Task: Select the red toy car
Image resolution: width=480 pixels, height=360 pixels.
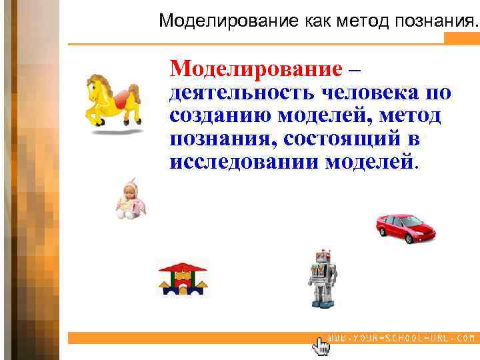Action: (405, 227)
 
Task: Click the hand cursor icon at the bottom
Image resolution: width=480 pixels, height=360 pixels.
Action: (321, 346)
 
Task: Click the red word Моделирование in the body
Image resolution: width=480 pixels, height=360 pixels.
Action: (255, 69)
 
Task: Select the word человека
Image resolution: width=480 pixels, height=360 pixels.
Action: (370, 92)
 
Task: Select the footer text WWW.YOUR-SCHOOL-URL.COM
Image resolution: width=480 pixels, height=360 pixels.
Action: (401, 338)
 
